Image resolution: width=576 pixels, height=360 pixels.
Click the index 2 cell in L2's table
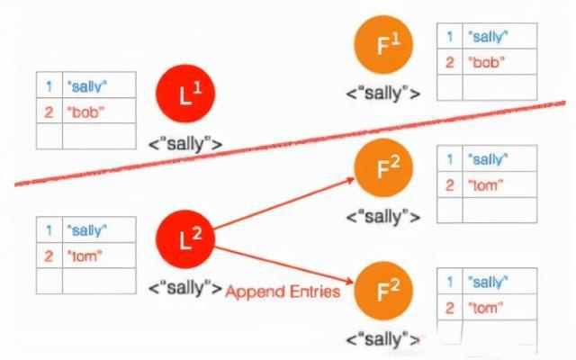coord(49,256)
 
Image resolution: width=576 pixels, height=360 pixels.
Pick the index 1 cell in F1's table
coord(448,36)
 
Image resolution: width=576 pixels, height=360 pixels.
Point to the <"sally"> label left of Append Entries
coord(186,288)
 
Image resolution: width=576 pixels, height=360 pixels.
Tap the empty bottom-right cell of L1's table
coord(99,137)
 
